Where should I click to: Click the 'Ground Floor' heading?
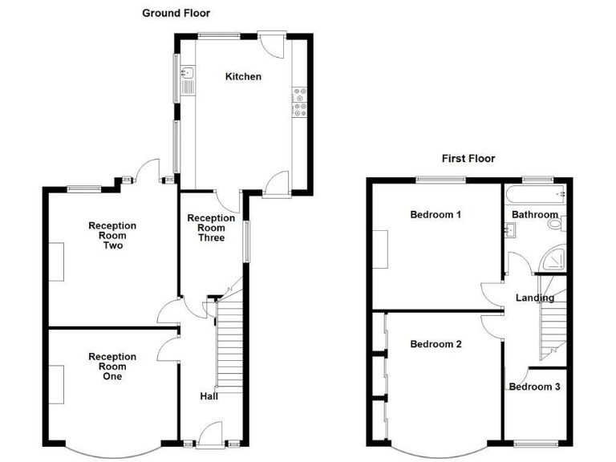(x=176, y=13)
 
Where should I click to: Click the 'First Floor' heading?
(x=468, y=158)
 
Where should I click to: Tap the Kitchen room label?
(x=243, y=77)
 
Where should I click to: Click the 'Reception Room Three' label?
(x=211, y=228)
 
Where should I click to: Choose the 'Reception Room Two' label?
(x=112, y=236)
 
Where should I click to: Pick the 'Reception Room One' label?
(x=112, y=367)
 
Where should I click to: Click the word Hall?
(x=209, y=396)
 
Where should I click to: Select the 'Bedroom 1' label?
(x=436, y=215)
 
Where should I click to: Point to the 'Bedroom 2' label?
(x=436, y=345)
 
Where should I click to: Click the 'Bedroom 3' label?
(x=534, y=387)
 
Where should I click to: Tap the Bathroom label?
(x=535, y=215)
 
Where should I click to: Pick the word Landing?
(x=535, y=298)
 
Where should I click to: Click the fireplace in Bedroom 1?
(x=381, y=249)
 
